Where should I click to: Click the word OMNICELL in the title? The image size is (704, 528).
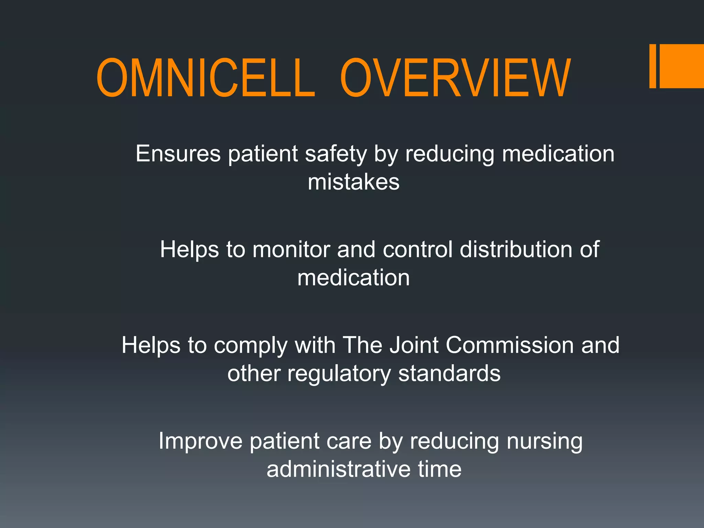[205, 78]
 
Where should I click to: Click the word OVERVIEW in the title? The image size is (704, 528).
[455, 78]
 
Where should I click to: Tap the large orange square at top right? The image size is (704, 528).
[681, 66]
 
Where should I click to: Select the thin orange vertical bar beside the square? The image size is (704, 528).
[652, 66]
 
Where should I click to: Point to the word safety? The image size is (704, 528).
[336, 154]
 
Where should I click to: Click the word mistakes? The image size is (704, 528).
[353, 182]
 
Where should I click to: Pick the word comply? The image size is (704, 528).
[250, 345]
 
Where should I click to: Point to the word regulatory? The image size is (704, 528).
[339, 374]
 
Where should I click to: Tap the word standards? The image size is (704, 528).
[449, 373]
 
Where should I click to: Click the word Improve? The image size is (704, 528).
[200, 441]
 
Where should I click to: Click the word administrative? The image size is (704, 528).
[338, 469]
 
